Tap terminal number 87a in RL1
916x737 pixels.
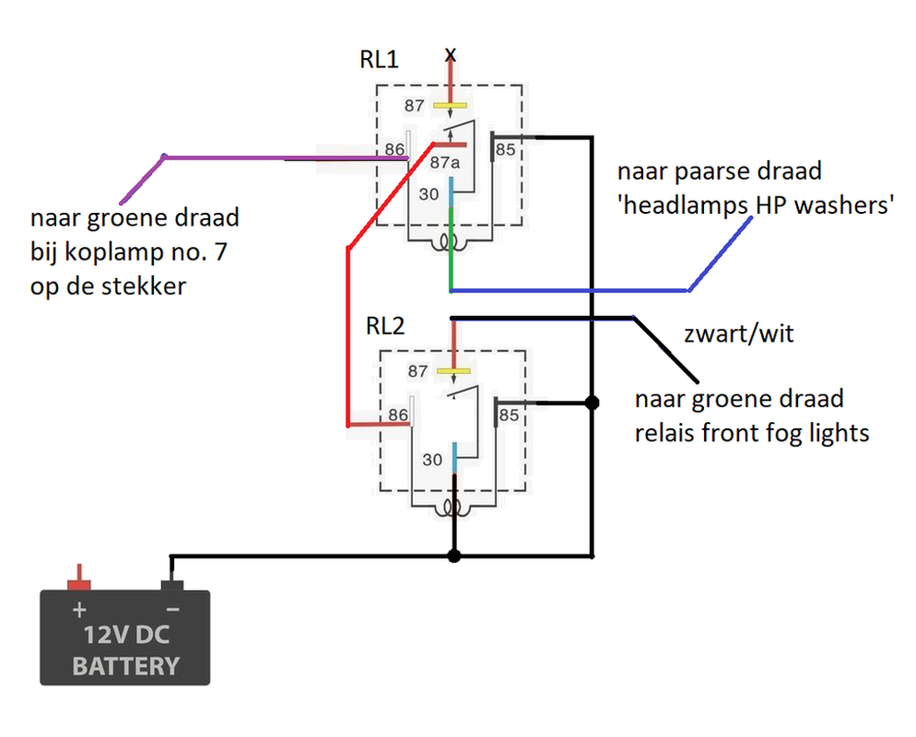[x=444, y=163]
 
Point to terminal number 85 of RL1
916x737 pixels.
[x=506, y=149]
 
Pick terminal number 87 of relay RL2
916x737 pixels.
[x=417, y=371]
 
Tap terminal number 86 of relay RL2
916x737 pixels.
[x=398, y=415]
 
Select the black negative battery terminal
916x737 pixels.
[x=171, y=584]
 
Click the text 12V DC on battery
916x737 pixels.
[x=125, y=636]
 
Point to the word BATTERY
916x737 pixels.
[x=125, y=665]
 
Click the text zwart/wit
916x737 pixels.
[x=738, y=333]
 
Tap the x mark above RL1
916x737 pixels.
[x=450, y=54]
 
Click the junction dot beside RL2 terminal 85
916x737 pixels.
[x=593, y=403]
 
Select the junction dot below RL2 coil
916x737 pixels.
[x=452, y=556]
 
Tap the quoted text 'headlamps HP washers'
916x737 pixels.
[x=756, y=205]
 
